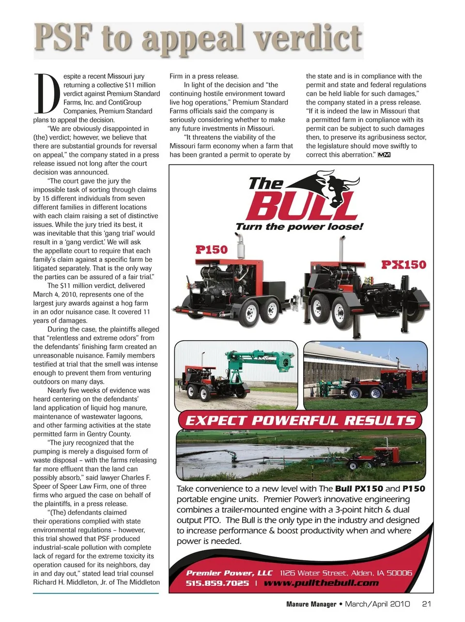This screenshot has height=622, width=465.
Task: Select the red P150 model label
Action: coord(211,250)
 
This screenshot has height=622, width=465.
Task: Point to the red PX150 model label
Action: coord(403,264)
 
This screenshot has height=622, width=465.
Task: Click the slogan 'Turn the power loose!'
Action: coord(299,227)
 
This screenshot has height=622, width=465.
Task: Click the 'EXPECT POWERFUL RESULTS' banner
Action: coord(300,420)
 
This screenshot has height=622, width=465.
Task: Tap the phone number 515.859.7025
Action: coord(217,583)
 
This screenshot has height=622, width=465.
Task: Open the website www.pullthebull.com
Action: coord(321,583)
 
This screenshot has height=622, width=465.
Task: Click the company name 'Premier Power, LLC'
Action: coord(229,573)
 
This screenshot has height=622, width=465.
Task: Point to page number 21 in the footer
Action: coord(426,604)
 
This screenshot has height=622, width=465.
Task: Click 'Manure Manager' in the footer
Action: coord(311,604)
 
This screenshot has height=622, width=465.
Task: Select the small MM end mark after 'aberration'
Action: coord(384,155)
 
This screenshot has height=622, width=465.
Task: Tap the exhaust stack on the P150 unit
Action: coord(238,244)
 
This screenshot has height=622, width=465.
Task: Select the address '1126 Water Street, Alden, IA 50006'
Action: coord(346,573)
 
